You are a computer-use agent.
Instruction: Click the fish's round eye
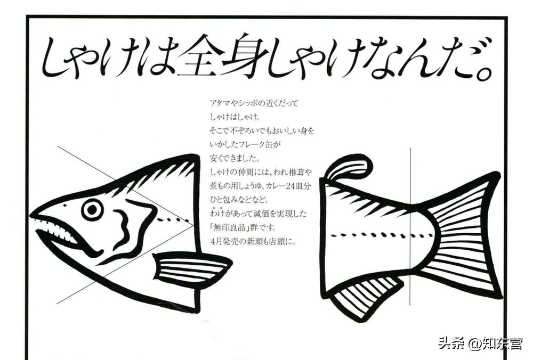(x=92, y=209)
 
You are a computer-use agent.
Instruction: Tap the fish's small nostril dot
(x=65, y=206)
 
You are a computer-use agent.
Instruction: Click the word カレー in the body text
(x=273, y=186)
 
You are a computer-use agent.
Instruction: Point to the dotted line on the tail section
(x=382, y=234)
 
